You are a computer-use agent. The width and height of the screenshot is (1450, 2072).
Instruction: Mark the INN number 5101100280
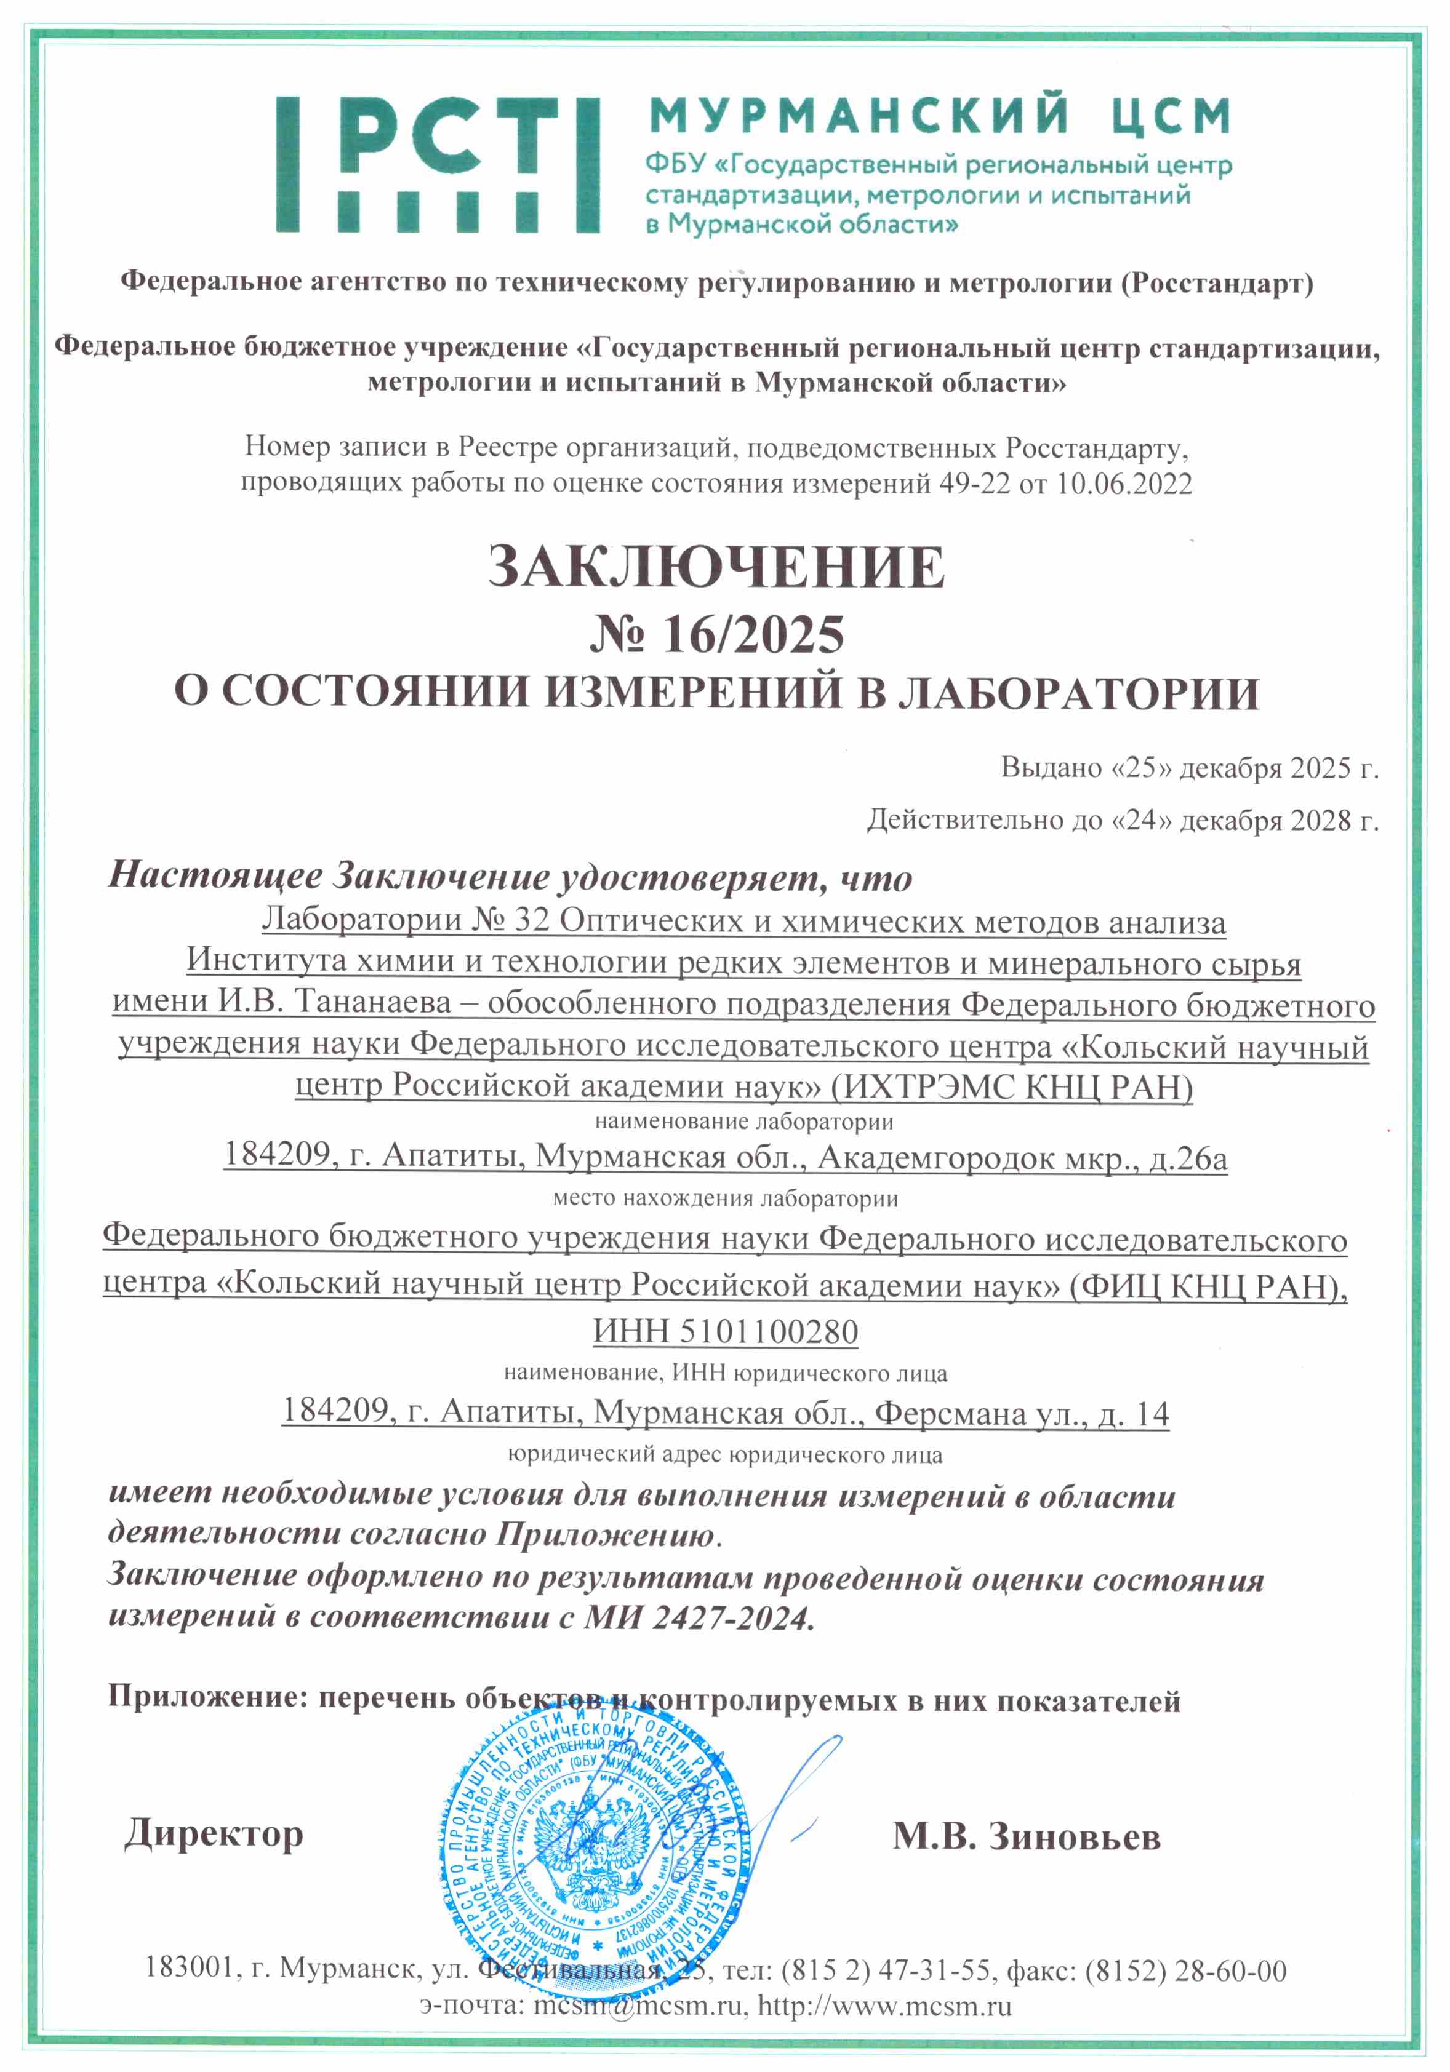point(768,1331)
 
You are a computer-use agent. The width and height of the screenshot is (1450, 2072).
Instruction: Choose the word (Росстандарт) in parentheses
point(1216,284)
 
